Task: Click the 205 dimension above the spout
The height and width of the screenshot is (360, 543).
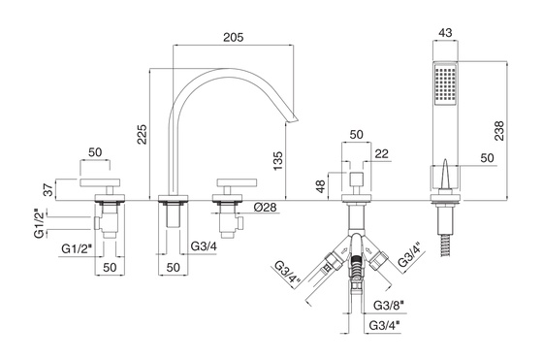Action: pyautogui.click(x=233, y=37)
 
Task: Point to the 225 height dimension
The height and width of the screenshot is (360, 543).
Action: pyautogui.click(x=142, y=134)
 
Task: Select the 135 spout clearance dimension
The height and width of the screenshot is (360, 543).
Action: pyautogui.click(x=277, y=160)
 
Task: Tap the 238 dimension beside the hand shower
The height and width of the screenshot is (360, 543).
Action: pyautogui.click(x=499, y=131)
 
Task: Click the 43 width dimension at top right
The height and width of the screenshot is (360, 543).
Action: pyautogui.click(x=445, y=33)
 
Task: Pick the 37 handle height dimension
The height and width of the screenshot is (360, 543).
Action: pyautogui.click(x=49, y=189)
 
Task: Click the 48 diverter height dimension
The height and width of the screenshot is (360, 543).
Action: pyautogui.click(x=321, y=186)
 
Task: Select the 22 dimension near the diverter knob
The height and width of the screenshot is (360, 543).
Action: pyautogui.click(x=382, y=153)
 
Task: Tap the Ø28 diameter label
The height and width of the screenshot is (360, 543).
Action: pyautogui.click(x=265, y=208)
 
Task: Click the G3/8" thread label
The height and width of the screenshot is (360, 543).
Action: pyautogui.click(x=388, y=306)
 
